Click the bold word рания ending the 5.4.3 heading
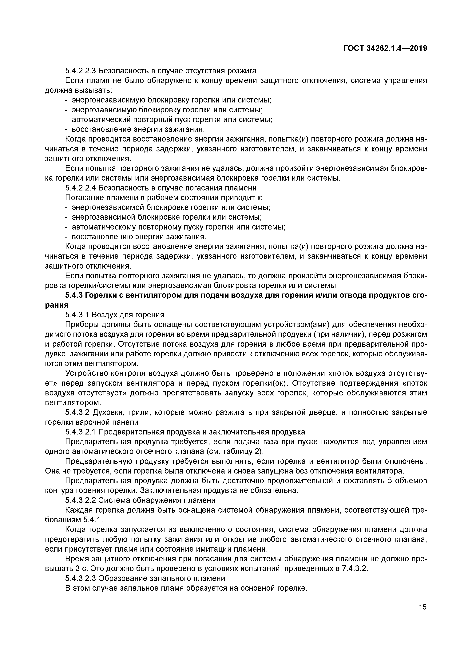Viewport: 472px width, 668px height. pyautogui.click(x=57, y=305)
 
